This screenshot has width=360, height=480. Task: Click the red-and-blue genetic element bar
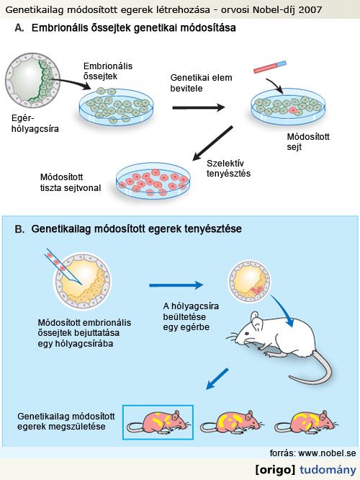pos(270,67)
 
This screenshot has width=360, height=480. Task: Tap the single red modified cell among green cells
pos(294,110)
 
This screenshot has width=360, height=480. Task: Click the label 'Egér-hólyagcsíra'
pos(35,123)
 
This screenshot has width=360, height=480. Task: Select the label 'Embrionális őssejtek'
pos(108,71)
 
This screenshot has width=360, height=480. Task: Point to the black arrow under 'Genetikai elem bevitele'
pos(199,107)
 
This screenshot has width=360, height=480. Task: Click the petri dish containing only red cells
pos(153,181)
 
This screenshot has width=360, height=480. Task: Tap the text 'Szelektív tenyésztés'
pos(228,169)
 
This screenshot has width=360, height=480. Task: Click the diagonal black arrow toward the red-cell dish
pos(212,143)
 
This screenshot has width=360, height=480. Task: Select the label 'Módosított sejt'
pos(308,141)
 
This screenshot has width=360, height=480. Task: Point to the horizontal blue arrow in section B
pos(176,285)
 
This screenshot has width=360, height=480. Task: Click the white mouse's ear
pos(256,321)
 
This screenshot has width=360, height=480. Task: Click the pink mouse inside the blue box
pos(158,422)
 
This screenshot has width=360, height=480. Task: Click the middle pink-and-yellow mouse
pos(232,422)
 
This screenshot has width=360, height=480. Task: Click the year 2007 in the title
pos(310,10)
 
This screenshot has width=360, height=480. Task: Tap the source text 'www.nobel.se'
pos(327,453)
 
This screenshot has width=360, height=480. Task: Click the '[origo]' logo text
pos(275,469)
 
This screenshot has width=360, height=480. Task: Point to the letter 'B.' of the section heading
pos(19,229)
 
